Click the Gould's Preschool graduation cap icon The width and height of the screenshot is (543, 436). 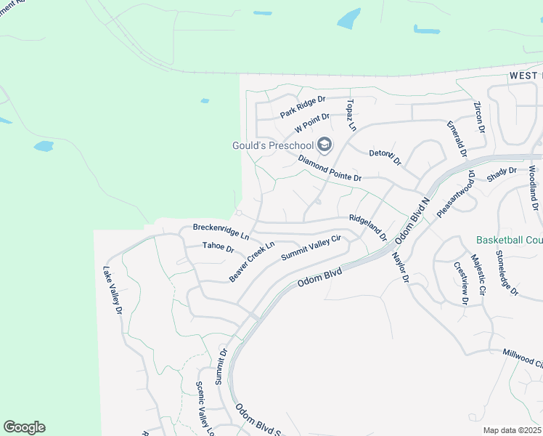[324, 145]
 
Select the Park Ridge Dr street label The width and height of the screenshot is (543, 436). [303, 108]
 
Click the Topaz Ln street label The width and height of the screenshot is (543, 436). [351, 115]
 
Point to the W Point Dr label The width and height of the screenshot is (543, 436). [312, 123]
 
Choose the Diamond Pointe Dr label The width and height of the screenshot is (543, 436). [330, 169]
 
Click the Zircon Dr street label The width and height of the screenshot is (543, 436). [480, 117]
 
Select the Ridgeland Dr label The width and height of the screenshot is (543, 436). [368, 227]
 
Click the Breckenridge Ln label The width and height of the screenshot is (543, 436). [221, 232]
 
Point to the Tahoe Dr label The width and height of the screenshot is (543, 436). [218, 248]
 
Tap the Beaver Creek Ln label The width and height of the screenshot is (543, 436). [253, 262]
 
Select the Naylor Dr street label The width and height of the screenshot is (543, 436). [401, 267]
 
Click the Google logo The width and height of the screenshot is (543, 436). [24, 427]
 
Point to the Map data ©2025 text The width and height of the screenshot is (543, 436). [513, 430]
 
